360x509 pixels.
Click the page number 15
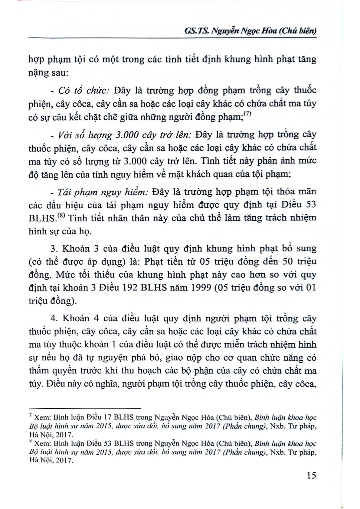(311, 475)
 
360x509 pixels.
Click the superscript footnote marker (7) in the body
(248, 114)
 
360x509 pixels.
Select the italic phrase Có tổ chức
(83, 91)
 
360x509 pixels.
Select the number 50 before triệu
(283, 261)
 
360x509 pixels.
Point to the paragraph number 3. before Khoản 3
(54, 249)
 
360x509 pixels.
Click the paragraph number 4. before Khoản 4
(54, 319)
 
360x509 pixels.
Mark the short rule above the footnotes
(85, 408)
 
